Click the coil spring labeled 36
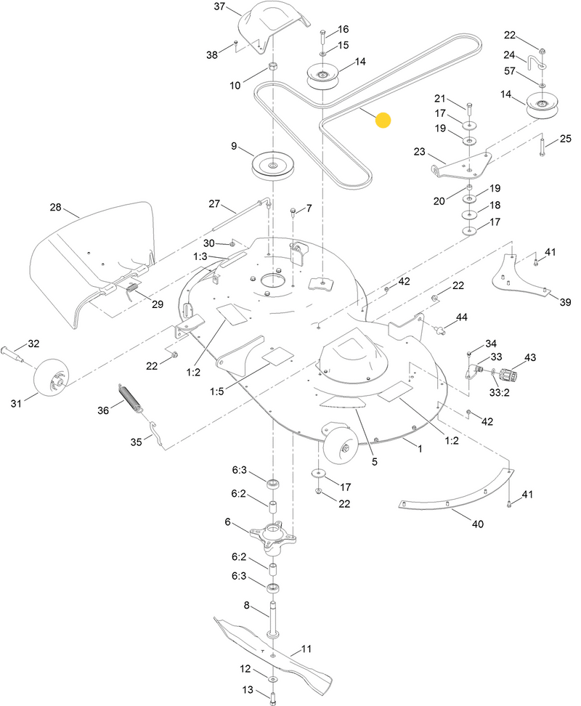[x=131, y=400]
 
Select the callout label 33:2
[x=500, y=392]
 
